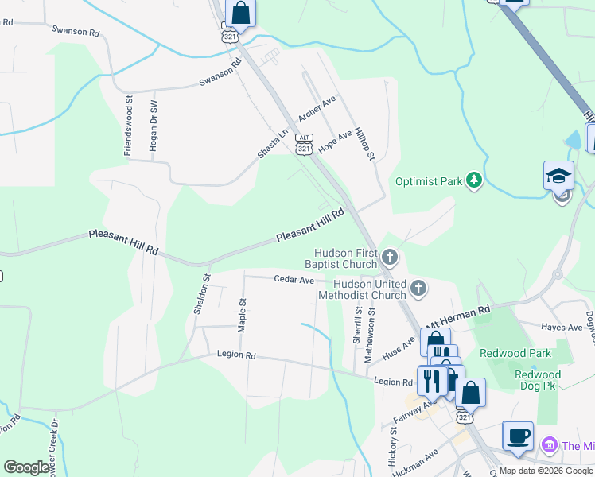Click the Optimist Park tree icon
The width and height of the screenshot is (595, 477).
(474, 180)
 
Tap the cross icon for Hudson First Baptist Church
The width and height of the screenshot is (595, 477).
(389, 257)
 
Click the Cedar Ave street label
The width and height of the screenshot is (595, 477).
(294, 280)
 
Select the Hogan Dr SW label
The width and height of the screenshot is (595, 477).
(154, 125)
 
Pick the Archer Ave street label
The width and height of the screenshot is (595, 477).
(317, 109)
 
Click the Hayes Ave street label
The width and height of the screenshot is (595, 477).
(562, 328)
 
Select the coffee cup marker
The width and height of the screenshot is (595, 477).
(518, 436)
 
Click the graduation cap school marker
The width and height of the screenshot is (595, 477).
(558, 176)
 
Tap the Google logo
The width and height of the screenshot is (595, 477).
(26, 467)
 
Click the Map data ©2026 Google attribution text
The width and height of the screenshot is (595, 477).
(546, 471)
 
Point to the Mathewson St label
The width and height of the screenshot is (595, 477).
(369, 336)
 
